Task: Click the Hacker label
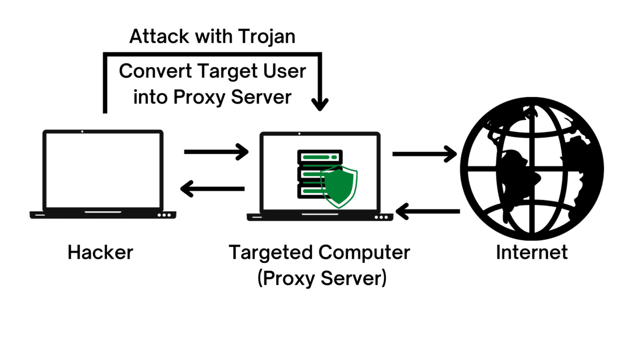(x=100, y=252)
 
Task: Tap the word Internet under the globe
(x=531, y=252)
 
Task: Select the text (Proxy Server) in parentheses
(x=321, y=278)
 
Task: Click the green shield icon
(x=339, y=187)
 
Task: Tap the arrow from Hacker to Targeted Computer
(x=216, y=152)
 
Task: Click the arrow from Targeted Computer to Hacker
(x=212, y=188)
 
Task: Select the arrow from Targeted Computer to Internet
(x=424, y=154)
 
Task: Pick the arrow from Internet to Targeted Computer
(x=428, y=211)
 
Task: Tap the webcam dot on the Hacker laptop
(x=82, y=131)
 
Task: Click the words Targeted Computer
(x=319, y=252)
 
